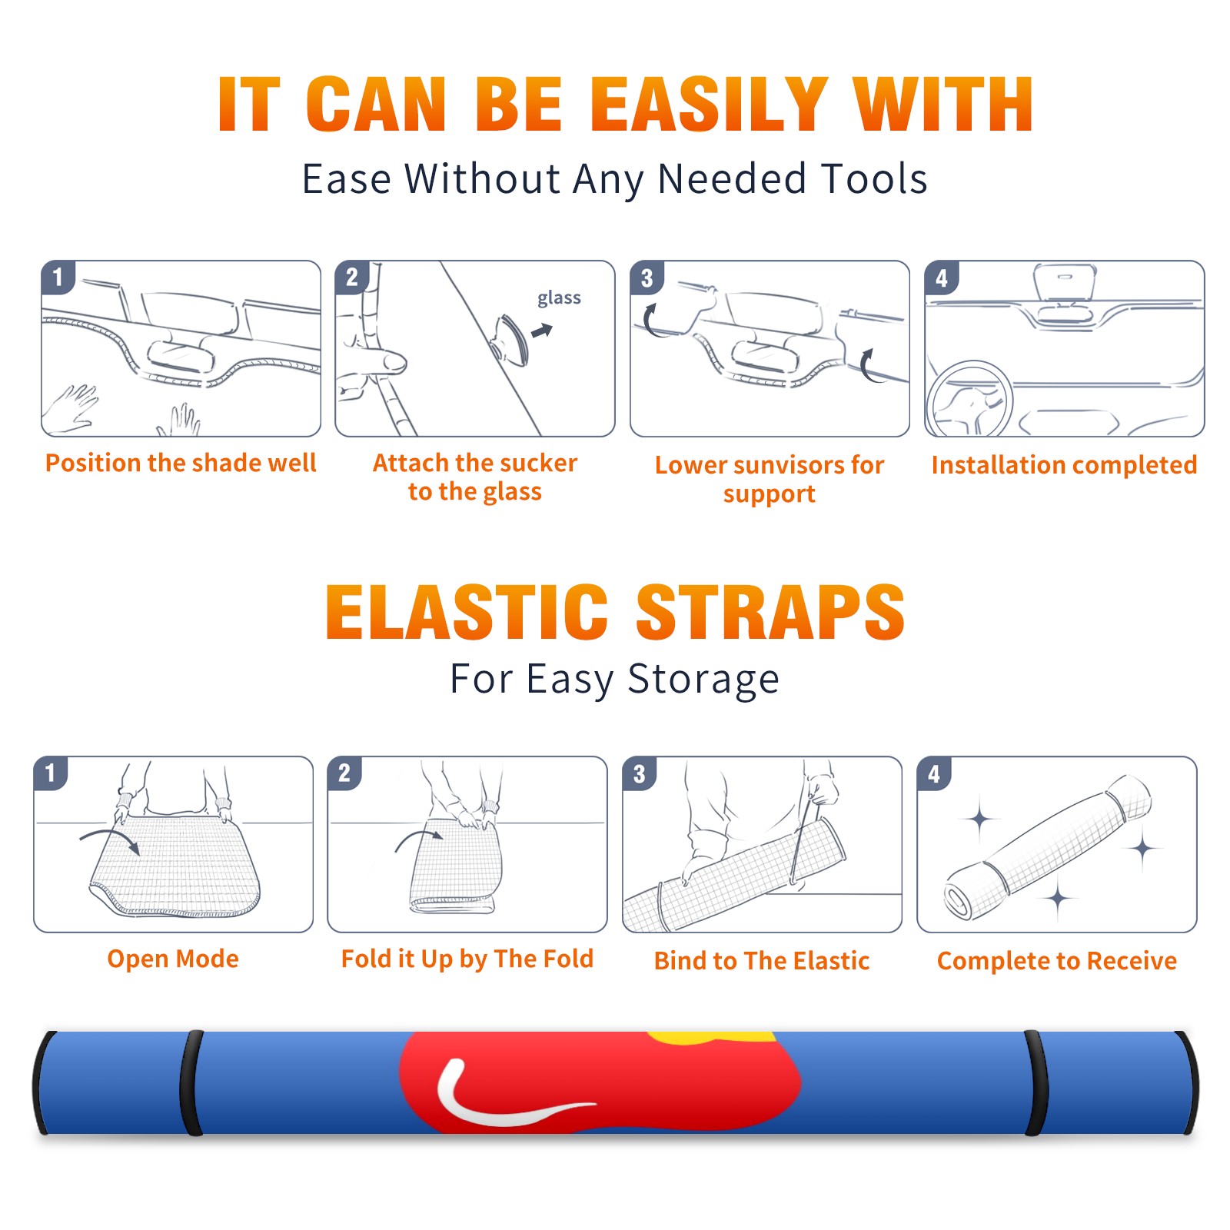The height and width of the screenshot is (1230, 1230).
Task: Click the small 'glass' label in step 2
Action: pyautogui.click(x=559, y=298)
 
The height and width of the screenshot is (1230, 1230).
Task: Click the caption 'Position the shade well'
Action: pyautogui.click(x=181, y=463)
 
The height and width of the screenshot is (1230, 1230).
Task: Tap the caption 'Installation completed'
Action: pyautogui.click(x=1064, y=465)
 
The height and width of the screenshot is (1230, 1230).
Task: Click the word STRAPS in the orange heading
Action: pyautogui.click(x=770, y=612)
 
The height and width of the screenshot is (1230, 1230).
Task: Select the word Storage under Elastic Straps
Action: pyautogui.click(x=703, y=680)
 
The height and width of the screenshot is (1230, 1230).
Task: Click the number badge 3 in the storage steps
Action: pyautogui.click(x=640, y=773)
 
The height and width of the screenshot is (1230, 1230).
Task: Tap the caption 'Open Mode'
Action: pyautogui.click(x=173, y=959)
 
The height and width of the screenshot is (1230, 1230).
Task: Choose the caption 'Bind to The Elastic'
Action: pyautogui.click(x=762, y=961)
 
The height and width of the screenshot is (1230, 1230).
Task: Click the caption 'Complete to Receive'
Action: pyautogui.click(x=1057, y=961)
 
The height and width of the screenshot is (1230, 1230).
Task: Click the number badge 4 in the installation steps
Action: pyautogui.click(x=942, y=278)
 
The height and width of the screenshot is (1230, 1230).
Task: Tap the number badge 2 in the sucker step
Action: pyautogui.click(x=352, y=277)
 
